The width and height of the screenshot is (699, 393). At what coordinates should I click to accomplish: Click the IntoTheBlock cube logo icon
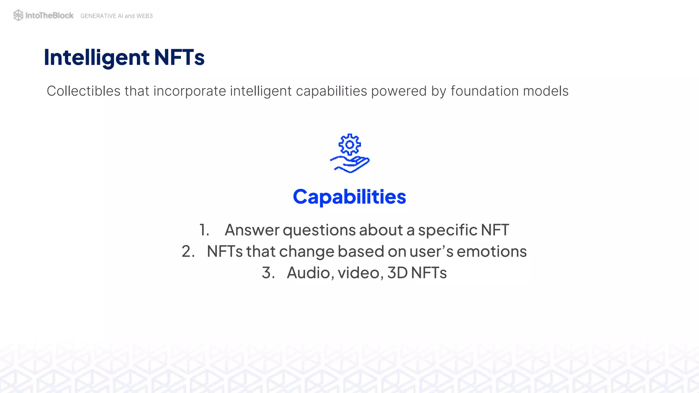[18, 15]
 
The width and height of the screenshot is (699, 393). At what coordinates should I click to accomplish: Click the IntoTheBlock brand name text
[49, 15]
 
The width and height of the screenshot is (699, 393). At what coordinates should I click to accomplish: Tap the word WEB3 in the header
[144, 16]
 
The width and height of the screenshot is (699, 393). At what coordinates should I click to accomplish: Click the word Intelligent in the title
[97, 57]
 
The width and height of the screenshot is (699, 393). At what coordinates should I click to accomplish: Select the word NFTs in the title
[179, 57]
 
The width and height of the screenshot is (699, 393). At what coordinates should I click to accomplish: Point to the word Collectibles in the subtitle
[84, 91]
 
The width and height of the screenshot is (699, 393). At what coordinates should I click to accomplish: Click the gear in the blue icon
[349, 145]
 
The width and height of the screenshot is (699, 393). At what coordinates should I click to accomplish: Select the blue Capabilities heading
[349, 197]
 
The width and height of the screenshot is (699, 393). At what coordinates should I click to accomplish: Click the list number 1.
[204, 230]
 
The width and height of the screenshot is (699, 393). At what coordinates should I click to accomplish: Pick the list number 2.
[188, 251]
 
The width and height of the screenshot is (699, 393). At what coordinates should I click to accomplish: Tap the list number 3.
[268, 273]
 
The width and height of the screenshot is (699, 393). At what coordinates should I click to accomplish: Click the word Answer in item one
[252, 230]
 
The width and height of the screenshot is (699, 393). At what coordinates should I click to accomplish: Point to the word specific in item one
[447, 230]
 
